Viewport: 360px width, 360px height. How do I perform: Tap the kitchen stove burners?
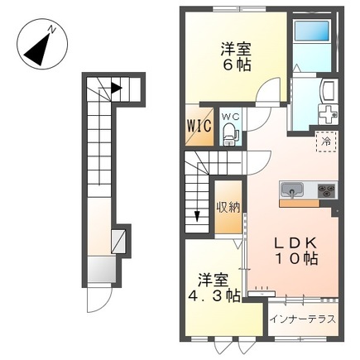pyautogui.click(x=326, y=190)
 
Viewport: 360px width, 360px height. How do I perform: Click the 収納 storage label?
pyautogui.click(x=228, y=207)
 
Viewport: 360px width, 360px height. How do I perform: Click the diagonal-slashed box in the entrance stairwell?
pyautogui.click(x=122, y=240)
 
